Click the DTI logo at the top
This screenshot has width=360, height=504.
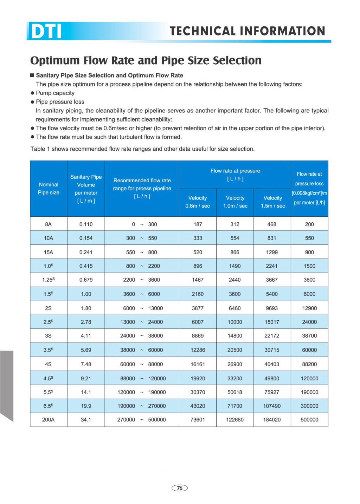[46, 31]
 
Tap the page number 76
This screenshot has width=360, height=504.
[180, 488]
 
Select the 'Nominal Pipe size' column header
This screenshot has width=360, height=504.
[49, 189]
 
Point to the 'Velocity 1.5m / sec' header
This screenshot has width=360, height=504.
[272, 202]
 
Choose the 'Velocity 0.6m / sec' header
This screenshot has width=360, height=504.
[198, 202]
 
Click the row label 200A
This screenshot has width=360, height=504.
[49, 420]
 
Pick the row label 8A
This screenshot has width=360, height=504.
[49, 224]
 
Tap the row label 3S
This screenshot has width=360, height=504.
[49, 336]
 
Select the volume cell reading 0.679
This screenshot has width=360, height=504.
[86, 280]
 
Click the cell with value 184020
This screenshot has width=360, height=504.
[272, 420]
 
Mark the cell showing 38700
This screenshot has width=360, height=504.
[309, 336]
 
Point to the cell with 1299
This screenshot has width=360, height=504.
[272, 252]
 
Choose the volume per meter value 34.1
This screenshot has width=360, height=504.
[86, 420]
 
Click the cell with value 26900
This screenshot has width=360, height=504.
[235, 364]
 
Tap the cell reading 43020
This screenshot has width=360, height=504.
[198, 406]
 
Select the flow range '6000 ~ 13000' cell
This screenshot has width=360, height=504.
[142, 308]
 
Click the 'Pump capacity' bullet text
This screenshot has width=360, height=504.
[55, 93]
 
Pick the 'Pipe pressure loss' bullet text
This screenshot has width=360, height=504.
[60, 102]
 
